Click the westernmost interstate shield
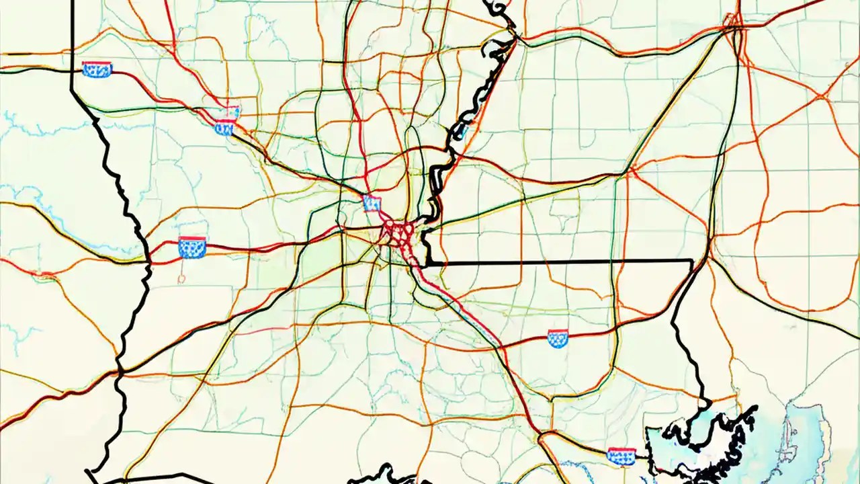pos(97,69)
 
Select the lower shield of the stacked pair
pos(224,127)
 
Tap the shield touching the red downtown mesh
pos(372,203)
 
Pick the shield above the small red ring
pos(192,248)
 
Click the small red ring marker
pos(182,276)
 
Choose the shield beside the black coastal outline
pos(621,456)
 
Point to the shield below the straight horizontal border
pos(558,338)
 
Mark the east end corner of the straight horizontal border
pos(692,260)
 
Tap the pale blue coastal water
pos(806,437)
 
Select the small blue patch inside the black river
pos(461,131)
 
